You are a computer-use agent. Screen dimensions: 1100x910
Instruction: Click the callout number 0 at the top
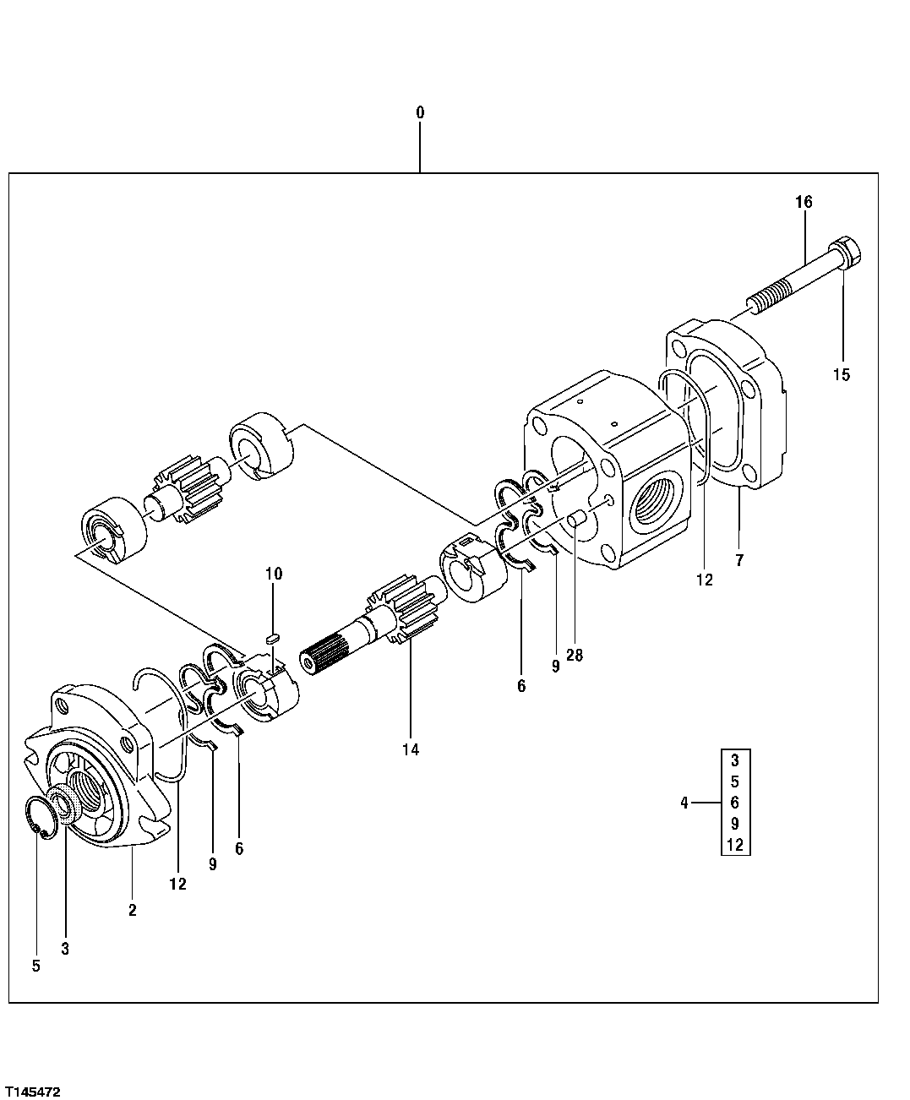pyautogui.click(x=420, y=112)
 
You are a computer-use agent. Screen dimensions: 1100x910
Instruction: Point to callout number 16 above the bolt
pyautogui.click(x=803, y=202)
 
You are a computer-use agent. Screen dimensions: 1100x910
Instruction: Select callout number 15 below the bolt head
pyautogui.click(x=842, y=375)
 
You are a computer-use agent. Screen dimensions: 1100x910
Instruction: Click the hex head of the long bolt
pyautogui.click(x=845, y=252)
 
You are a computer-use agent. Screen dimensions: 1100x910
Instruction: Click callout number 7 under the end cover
pyautogui.click(x=739, y=559)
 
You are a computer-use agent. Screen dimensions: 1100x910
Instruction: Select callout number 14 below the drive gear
pyautogui.click(x=411, y=749)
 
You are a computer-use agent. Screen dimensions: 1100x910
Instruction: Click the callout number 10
pyautogui.click(x=273, y=575)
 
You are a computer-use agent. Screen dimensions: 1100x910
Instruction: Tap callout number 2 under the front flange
pyautogui.click(x=133, y=910)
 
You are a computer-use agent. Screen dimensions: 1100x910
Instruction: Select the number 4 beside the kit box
pyautogui.click(x=684, y=803)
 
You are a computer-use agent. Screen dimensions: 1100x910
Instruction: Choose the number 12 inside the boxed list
pyautogui.click(x=735, y=844)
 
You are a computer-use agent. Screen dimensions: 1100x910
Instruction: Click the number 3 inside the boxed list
pyautogui.click(x=735, y=760)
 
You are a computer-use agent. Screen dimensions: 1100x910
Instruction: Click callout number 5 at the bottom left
pyautogui.click(x=35, y=966)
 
